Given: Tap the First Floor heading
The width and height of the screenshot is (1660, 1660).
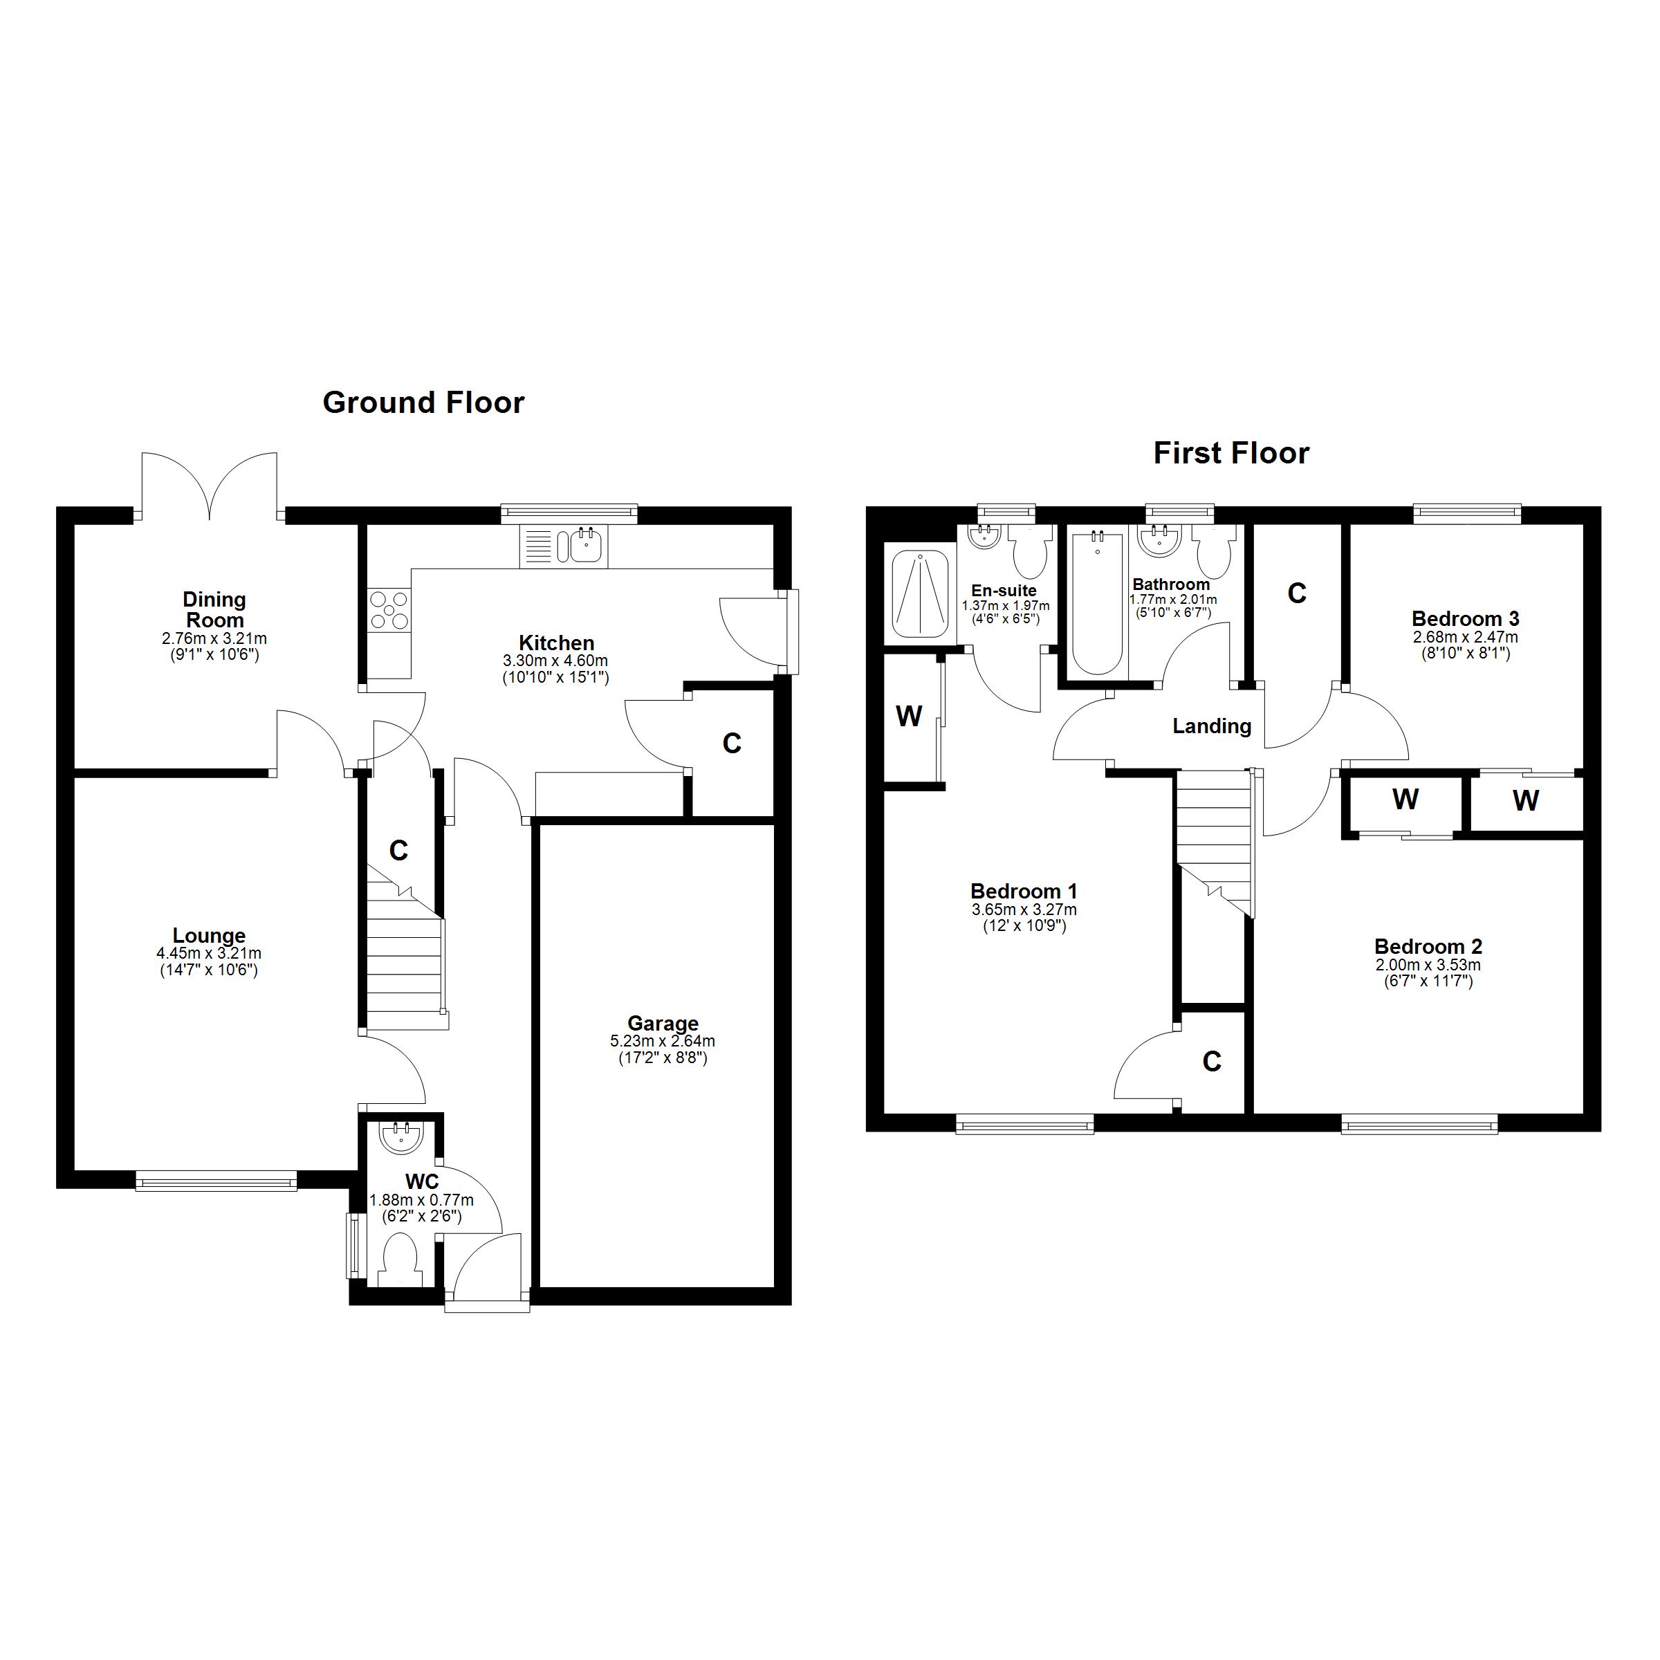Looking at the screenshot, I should [1230, 454].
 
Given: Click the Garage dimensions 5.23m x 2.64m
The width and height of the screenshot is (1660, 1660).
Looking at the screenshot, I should [663, 1040].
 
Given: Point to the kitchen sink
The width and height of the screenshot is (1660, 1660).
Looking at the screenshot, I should [586, 546].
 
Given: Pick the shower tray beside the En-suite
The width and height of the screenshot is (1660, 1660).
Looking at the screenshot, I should [919, 593].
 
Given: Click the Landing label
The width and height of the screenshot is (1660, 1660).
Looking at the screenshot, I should [1212, 726].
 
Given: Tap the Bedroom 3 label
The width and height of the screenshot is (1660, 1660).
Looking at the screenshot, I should [1465, 618].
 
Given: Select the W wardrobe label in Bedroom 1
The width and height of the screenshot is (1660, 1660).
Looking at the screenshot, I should [909, 716].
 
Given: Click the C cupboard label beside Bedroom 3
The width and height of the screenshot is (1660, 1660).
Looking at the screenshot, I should [1297, 593].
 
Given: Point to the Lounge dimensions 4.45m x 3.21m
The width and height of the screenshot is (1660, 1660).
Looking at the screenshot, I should [209, 953].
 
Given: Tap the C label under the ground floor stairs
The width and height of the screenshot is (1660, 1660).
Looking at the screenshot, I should [398, 851].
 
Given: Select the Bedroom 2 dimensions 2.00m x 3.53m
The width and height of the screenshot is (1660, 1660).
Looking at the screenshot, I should [1428, 965].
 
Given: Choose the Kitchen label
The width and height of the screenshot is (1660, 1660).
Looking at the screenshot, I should [556, 643].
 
